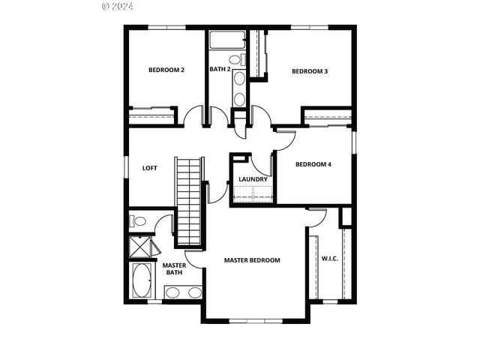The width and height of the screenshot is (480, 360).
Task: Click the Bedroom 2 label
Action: coord(166,70)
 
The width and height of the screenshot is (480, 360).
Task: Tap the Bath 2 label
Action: coord(219,70)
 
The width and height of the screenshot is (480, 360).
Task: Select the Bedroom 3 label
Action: coord(310,71)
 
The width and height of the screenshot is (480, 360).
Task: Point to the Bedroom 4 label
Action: coord(313,164)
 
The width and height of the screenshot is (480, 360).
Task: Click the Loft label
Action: coord(150,167)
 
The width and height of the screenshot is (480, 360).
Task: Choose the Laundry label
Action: coord(253,179)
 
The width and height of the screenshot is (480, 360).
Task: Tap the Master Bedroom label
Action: coord(252,260)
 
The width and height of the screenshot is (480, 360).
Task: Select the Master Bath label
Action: coord(174,268)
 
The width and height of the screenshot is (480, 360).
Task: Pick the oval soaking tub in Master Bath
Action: coord(142,281)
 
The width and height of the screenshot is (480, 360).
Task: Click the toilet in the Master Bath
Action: coord(139,221)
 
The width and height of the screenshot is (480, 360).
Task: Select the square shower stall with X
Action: coord(140,247)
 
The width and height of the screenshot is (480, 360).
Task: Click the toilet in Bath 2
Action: coord(234,59)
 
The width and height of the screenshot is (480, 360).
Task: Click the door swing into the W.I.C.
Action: coord(318,217)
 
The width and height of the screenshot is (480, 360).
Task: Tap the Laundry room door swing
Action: coord(262,164)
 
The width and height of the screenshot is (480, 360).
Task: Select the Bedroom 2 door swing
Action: coord(193,116)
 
